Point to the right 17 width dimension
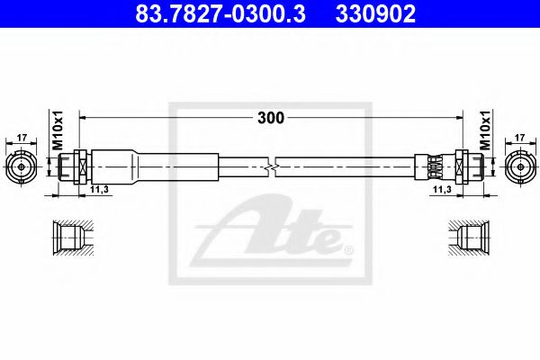click(519, 138)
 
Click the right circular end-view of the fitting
click(519, 166)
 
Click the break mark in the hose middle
click(271, 166)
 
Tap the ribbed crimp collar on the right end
click(436, 166)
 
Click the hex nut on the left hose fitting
click(77, 166)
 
